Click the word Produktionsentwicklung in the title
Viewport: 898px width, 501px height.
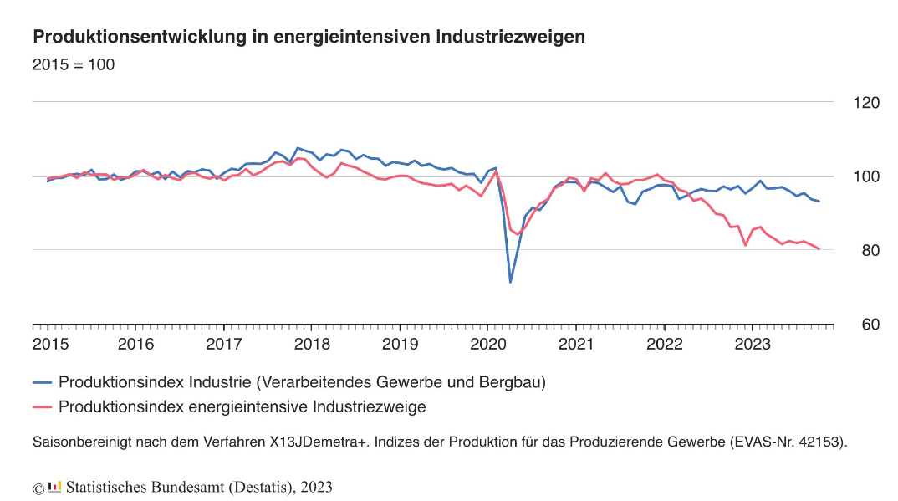pos(140,37)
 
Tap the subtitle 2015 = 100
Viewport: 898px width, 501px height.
pos(74,64)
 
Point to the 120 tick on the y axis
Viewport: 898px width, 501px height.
pos(866,103)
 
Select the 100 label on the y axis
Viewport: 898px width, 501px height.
pos(866,176)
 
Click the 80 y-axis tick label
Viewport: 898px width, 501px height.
pos(870,250)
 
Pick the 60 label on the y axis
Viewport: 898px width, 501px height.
pos(870,325)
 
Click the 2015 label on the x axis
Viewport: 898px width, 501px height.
pos(50,344)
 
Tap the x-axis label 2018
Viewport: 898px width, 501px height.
pos(312,344)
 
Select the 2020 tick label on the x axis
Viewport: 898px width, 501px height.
pos(488,344)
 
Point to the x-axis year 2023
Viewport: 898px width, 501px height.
pos(752,344)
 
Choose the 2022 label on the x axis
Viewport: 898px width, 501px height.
pos(665,344)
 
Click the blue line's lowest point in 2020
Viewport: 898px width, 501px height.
pos(510,282)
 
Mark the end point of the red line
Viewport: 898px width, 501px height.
pos(819,249)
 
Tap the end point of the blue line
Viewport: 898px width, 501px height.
pos(819,201)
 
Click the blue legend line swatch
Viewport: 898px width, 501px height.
pos(43,382)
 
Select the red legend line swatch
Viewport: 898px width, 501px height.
pos(43,407)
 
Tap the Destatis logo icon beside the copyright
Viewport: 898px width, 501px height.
pos(55,488)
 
